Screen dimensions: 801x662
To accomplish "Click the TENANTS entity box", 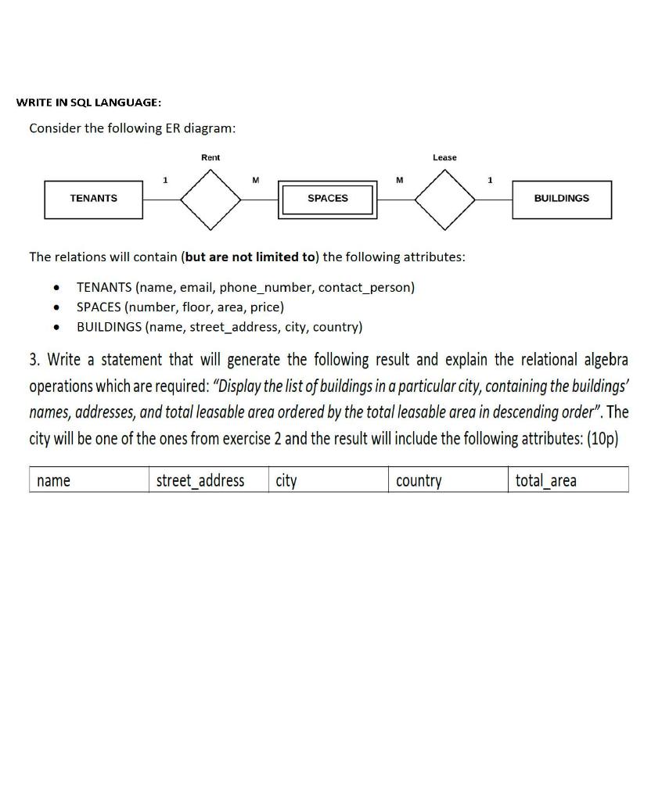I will (x=93, y=199).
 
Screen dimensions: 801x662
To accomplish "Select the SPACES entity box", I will (x=328, y=199).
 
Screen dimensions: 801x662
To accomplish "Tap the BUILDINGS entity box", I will (x=561, y=199).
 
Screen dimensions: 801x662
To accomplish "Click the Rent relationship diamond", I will (x=210, y=199).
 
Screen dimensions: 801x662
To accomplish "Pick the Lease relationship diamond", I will (x=444, y=199).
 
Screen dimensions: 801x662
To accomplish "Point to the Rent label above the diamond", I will (x=210, y=158).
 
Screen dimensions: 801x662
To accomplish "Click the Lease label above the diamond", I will (x=444, y=158).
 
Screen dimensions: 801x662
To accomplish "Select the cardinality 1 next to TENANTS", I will (x=164, y=181).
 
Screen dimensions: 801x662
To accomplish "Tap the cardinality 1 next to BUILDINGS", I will (x=490, y=181).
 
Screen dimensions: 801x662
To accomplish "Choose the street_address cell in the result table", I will (x=200, y=480).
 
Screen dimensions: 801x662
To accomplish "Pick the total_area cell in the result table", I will (x=546, y=480).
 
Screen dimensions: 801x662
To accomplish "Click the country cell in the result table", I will (x=419, y=480).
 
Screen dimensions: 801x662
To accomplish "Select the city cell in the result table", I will (x=286, y=480).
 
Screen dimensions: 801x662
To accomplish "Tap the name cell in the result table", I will (x=53, y=480).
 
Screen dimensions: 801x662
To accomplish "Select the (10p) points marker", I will (x=602, y=438).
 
